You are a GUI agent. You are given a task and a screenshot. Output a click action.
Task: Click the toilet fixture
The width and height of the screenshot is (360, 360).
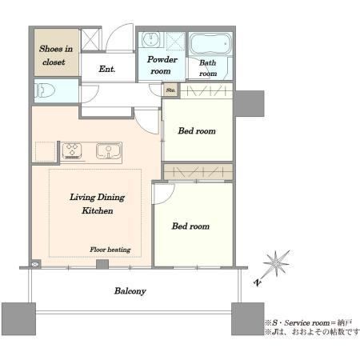(x=46, y=90)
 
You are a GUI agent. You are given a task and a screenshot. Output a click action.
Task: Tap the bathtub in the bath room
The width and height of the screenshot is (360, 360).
(x=210, y=44)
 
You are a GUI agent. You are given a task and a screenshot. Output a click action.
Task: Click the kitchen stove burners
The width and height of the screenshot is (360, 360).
(x=72, y=150)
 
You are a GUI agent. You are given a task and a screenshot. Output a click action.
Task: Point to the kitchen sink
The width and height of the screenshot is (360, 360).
(x=109, y=150)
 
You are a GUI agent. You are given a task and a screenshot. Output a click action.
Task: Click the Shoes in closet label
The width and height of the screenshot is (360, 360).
(x=56, y=55)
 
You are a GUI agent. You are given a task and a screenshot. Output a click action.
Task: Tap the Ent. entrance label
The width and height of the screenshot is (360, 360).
(x=107, y=69)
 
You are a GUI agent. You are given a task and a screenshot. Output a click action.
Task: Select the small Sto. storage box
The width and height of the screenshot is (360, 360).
(x=170, y=90)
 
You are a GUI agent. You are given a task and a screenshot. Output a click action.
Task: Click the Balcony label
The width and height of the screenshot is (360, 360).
(x=130, y=290)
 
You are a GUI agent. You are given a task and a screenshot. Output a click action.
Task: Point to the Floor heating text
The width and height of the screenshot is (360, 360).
(x=110, y=250)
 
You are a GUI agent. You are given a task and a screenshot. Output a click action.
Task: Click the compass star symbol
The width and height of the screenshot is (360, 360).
(x=276, y=264)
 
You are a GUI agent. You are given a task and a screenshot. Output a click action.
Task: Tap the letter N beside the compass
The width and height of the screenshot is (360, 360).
(x=258, y=282)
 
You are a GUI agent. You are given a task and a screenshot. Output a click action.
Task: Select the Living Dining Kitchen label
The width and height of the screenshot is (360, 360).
(x=98, y=204)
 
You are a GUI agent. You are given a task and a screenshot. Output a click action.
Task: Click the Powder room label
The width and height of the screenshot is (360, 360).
(x=162, y=65)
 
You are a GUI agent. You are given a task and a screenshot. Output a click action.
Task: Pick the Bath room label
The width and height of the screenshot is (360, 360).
(x=208, y=68)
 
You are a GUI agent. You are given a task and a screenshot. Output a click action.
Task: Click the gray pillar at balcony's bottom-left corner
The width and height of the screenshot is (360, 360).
(x=18, y=318)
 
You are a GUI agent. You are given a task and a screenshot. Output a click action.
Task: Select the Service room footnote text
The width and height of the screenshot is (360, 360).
(x=308, y=323)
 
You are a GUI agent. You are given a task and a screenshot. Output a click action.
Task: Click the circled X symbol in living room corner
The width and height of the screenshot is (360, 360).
(x=34, y=264)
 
